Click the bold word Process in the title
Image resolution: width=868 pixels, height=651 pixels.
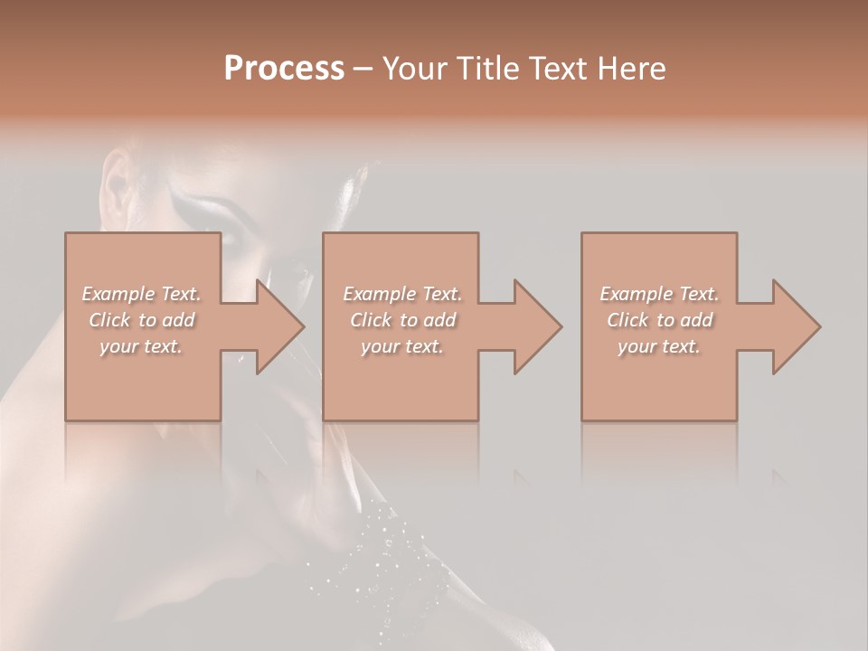pos(284,69)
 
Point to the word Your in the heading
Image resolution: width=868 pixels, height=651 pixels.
pos(414,69)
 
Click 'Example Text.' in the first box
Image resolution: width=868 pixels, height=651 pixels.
pos(142,294)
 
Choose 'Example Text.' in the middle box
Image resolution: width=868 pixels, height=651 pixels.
pos(402,294)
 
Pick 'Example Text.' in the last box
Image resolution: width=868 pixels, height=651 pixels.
pos(659,294)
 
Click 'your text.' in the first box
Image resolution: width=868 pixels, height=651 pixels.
pos(141,346)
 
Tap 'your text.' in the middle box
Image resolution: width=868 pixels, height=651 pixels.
pos(402,346)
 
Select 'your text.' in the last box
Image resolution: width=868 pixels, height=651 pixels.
pos(659,346)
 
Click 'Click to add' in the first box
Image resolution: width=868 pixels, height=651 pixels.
pos(142,320)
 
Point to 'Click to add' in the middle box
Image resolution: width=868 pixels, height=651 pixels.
pos(402,320)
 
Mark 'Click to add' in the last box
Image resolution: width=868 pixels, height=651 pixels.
pos(659,320)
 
